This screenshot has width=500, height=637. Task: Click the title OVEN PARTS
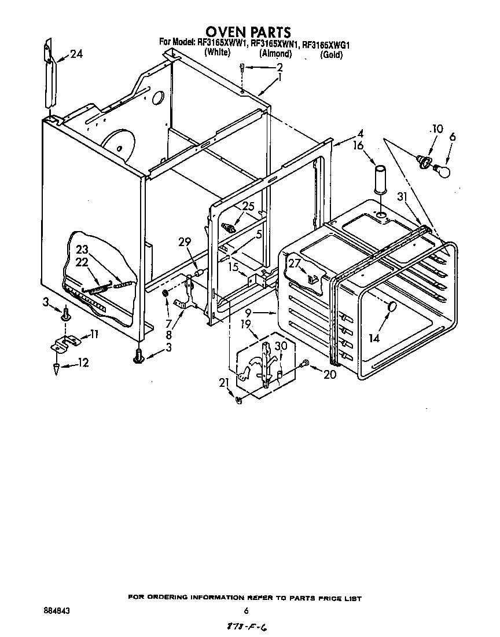coord(248,31)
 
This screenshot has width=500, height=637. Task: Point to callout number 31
coord(403,197)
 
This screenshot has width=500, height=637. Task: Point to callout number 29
coord(184,243)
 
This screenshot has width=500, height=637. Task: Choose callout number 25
coord(248,206)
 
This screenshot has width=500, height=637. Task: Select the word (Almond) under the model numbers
coord(275,53)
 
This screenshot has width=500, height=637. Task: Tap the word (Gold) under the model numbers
coord(332,55)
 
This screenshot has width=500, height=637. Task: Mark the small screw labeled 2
coord(244,68)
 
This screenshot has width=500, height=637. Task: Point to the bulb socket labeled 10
coord(424,159)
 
